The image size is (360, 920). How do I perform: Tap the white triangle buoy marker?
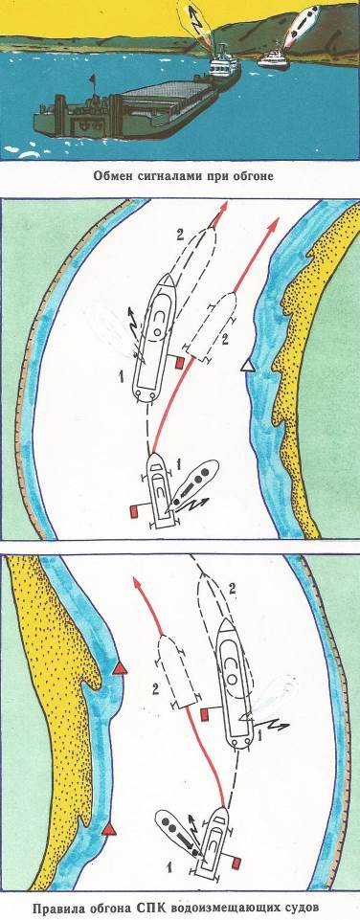point(248,367)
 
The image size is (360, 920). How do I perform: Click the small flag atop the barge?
point(92,79)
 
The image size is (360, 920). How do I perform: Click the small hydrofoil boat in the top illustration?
point(273,58)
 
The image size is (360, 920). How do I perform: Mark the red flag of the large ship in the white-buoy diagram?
point(180,364)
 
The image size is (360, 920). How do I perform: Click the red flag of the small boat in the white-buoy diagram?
point(133,512)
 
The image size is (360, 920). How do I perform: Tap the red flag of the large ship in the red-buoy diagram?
point(204,713)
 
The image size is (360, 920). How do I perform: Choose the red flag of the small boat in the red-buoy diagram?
point(236,862)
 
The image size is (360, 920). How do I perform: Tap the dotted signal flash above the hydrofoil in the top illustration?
point(300,24)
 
